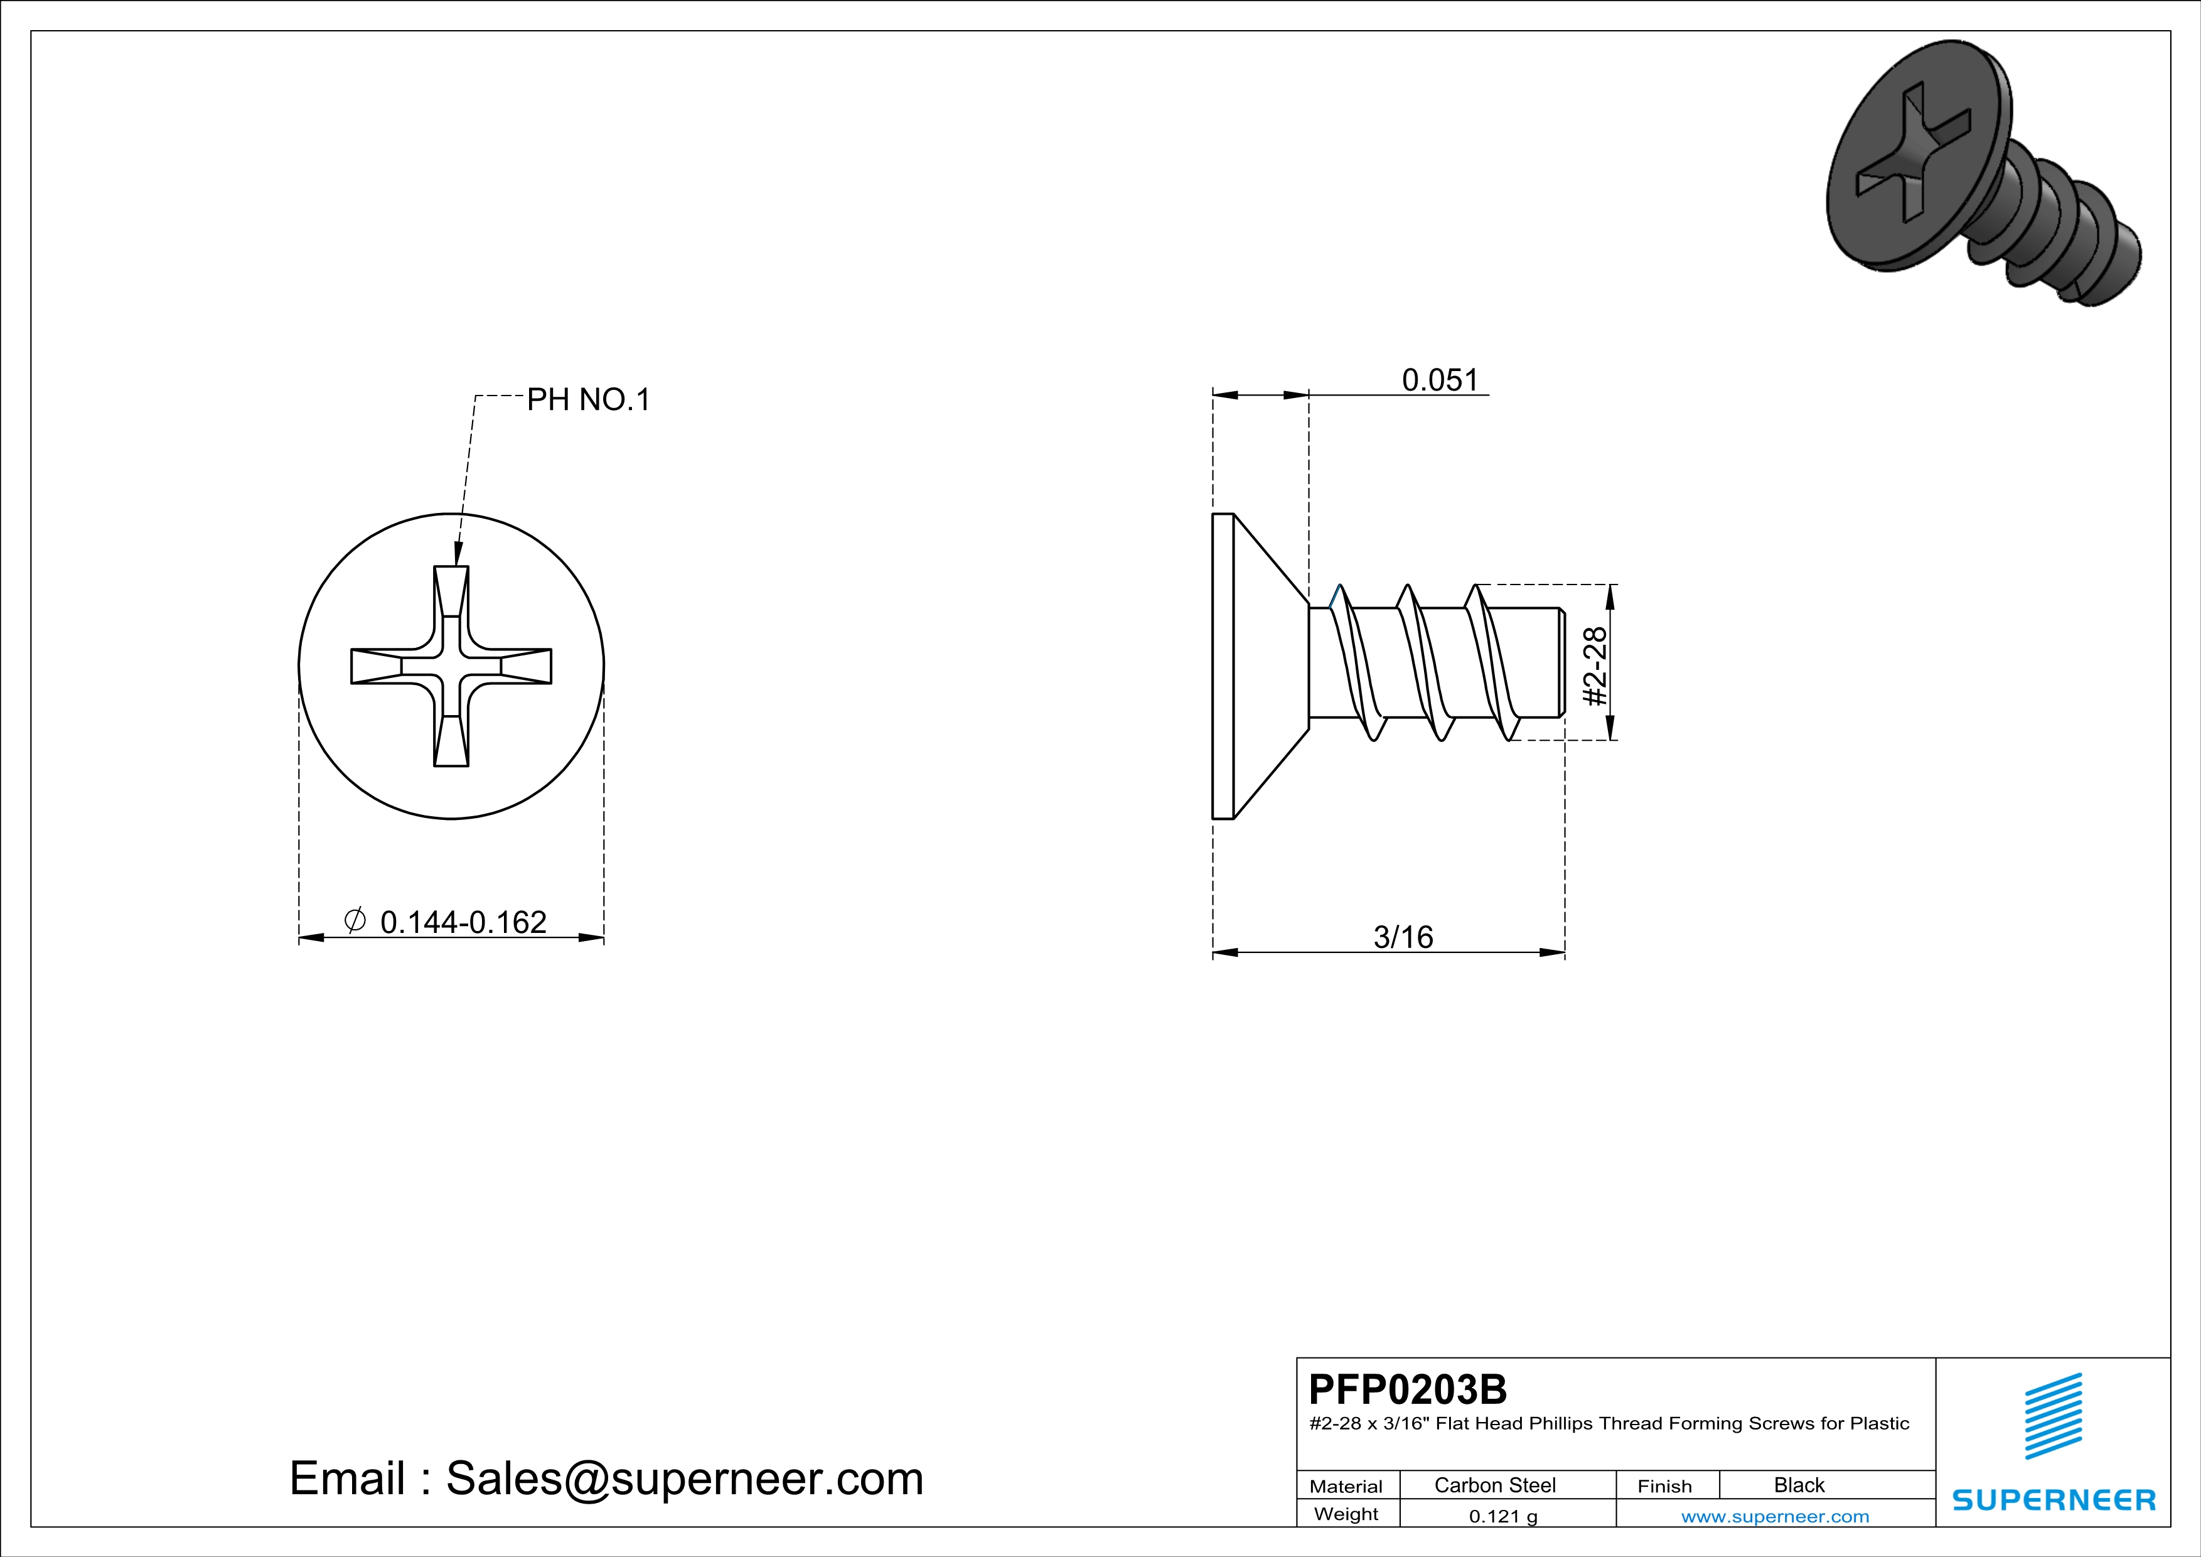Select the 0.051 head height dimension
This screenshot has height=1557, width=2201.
(1440, 380)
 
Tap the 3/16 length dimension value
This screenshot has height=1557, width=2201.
(1403, 937)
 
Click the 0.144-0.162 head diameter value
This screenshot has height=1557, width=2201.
(463, 922)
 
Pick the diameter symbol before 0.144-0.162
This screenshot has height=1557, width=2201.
(355, 920)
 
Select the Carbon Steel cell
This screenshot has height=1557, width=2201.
(1494, 1485)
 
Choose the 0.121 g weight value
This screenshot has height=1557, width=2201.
(1503, 1516)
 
